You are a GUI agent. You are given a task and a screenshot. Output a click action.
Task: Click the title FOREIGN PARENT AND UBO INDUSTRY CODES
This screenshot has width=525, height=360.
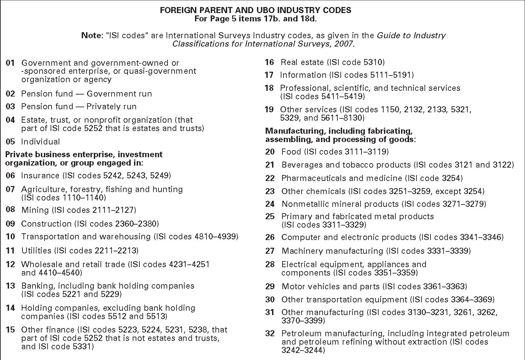point(255,10)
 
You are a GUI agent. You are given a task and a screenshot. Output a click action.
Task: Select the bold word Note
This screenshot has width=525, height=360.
point(91,36)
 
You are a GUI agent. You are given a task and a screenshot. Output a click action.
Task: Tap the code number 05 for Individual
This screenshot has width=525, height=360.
point(10,142)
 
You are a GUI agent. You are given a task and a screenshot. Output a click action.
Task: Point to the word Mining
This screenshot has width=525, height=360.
point(35,210)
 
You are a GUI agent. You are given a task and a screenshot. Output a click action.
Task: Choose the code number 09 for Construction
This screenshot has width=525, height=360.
point(10,224)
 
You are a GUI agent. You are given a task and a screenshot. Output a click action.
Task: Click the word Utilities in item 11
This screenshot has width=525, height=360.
point(36,250)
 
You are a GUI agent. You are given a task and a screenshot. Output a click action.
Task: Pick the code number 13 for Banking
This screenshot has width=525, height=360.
point(10,286)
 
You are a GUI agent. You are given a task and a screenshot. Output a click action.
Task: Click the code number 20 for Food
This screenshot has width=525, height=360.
point(270,152)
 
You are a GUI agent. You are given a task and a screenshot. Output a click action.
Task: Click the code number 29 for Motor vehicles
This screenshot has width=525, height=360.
point(270,287)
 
